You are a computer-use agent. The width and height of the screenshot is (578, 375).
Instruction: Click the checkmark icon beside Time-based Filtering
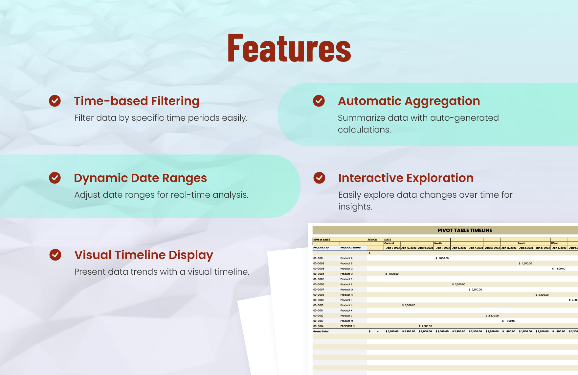point(55,101)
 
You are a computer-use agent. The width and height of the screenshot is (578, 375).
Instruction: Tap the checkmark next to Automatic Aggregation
point(319,101)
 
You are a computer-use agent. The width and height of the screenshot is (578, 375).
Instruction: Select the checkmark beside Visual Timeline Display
point(55,255)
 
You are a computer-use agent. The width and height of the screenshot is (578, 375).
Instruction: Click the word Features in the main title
point(289,49)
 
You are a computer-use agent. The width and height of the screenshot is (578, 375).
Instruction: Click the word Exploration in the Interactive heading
point(440,178)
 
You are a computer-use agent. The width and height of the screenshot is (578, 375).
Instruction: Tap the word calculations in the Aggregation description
point(364,130)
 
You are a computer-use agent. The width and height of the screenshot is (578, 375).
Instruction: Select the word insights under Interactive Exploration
point(355,207)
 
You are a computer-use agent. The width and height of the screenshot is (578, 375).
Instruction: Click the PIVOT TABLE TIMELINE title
point(465,230)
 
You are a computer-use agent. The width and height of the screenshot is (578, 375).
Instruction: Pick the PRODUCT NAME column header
point(350,248)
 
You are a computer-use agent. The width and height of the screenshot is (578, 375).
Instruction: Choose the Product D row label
point(346,274)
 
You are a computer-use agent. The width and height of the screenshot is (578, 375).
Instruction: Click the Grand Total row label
point(321,332)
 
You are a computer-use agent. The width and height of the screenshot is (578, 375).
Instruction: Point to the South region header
point(522,243)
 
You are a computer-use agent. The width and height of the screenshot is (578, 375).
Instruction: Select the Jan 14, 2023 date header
point(425,248)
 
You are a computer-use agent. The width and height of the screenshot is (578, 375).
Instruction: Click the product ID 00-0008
point(319,295)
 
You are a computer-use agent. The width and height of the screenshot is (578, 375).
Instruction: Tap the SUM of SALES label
point(322,240)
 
